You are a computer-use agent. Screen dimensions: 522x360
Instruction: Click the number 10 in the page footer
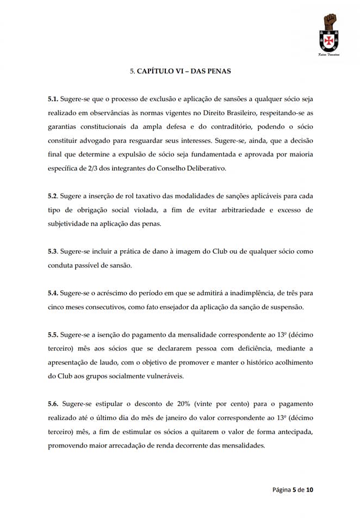[x=309, y=490]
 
